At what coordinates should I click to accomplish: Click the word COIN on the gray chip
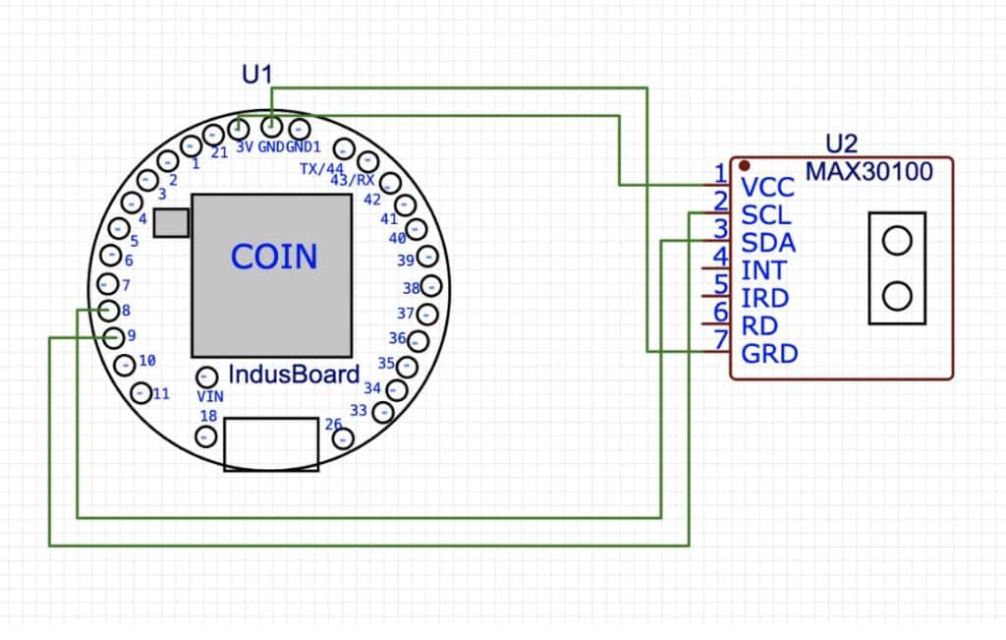(274, 257)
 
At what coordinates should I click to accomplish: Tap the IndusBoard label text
(294, 375)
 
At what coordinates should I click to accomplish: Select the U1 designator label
(256, 73)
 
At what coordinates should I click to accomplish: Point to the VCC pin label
(767, 187)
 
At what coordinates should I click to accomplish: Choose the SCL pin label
(767, 214)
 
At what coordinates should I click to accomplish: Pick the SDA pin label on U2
(768, 242)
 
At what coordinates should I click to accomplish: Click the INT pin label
(763, 269)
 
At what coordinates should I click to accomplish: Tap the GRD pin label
(769, 353)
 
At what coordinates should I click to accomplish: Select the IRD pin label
(765, 298)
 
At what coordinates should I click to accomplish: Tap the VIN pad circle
(206, 377)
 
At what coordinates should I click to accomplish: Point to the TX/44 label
(321, 169)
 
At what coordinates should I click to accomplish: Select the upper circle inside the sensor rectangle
(897, 240)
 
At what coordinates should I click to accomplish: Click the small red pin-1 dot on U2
(746, 164)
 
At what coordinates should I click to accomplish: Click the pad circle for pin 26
(343, 438)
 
